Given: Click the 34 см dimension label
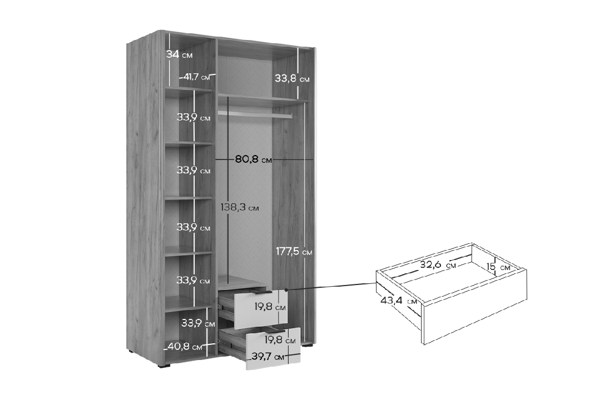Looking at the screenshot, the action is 180,54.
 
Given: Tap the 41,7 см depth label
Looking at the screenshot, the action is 196,77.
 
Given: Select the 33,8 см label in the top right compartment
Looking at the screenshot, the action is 292,79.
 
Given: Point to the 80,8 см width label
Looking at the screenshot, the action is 254,159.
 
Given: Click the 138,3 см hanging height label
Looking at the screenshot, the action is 240,208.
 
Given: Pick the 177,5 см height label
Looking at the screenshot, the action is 294,252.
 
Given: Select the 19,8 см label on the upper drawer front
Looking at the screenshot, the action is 270,307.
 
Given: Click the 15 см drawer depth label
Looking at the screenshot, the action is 498,267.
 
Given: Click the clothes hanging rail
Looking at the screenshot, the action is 255,114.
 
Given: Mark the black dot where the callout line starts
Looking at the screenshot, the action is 287,289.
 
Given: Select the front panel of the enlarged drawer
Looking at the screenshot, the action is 475,307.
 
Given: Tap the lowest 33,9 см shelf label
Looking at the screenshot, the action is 198,323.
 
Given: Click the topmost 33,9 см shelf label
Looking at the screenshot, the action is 194,117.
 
